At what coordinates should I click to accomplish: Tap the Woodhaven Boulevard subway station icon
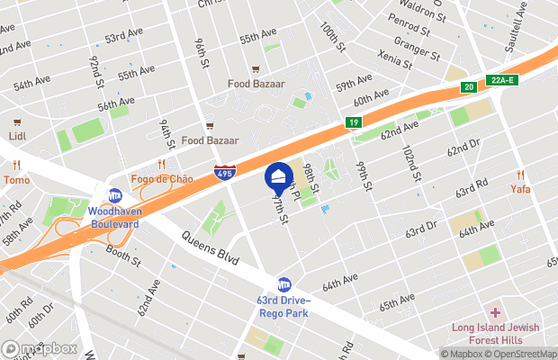[115, 195]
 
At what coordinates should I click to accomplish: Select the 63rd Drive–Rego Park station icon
[284, 284]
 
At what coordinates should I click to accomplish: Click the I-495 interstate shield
[225, 173]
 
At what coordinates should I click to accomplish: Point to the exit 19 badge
[354, 123]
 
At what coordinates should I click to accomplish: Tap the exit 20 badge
[468, 87]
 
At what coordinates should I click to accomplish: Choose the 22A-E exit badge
[504, 80]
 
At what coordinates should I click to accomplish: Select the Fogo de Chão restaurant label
[163, 178]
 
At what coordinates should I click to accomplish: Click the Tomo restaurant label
[15, 180]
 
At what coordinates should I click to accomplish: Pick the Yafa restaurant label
[521, 189]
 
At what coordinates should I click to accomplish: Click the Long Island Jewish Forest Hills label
[495, 333]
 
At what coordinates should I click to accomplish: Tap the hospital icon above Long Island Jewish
[494, 311]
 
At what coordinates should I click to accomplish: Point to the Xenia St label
[395, 61]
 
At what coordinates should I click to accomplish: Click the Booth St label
[123, 258]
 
